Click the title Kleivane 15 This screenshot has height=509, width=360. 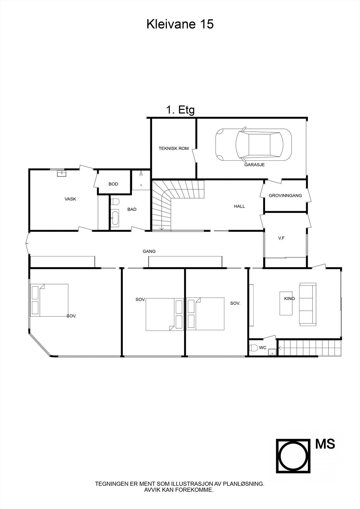tap(180, 24)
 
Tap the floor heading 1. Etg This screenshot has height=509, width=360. tap(180, 110)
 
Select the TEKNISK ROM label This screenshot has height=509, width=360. tap(173, 148)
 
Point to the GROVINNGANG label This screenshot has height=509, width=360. tap(285, 196)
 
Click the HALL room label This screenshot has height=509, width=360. tap(239, 206)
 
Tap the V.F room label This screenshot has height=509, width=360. tap(281, 238)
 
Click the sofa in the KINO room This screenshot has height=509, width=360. tap(307, 304)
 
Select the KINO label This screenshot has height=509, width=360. tap(289, 299)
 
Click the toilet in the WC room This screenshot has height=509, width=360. tap(253, 348)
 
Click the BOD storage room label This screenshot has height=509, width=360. tap(113, 184)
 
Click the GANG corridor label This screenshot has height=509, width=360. tap(149, 251)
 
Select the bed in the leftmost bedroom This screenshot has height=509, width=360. tap(50, 300)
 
